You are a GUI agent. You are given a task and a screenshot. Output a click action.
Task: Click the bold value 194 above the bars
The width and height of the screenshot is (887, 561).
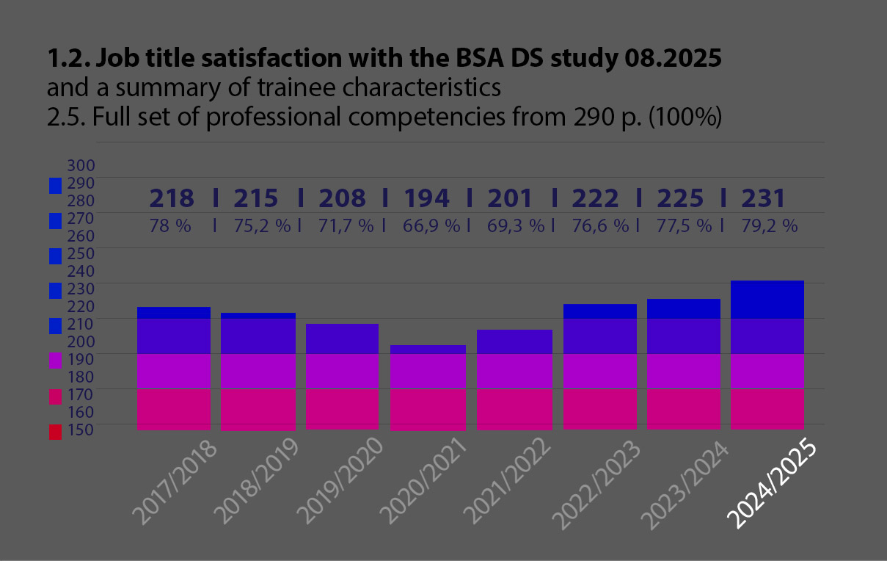coord(426,198)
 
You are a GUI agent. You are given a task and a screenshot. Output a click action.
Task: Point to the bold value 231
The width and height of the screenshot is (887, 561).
coord(763,198)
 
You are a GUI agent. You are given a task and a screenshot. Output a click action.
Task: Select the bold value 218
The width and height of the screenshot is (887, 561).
coord(172,198)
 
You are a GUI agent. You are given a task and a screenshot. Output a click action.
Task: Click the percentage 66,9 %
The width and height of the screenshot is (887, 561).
coord(431,226)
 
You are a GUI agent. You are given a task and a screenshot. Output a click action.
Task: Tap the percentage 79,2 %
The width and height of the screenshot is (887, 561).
coord(769,226)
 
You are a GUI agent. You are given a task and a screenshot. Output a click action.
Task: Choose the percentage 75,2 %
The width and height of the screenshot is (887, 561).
coord(262,226)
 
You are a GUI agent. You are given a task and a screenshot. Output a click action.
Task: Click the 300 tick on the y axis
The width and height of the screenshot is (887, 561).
coord(81,164)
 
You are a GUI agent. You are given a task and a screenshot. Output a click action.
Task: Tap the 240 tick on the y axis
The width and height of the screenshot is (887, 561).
coord(81,271)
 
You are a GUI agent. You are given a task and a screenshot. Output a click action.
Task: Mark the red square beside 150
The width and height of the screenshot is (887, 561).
coord(55,432)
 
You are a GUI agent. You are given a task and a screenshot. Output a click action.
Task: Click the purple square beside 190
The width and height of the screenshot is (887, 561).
coord(55,361)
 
